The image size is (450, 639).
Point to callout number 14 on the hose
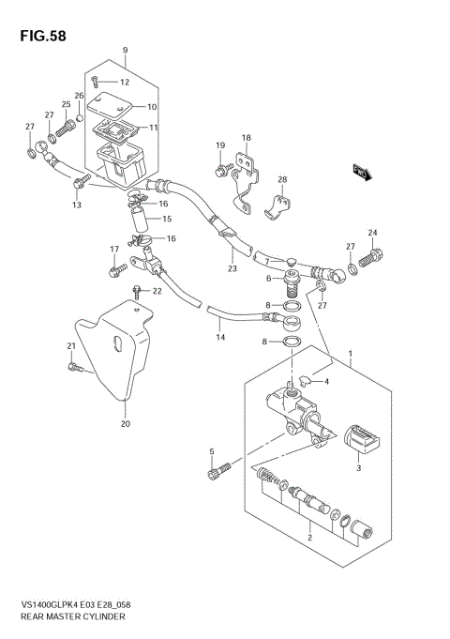click(219, 337)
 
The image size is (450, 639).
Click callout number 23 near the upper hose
click(231, 268)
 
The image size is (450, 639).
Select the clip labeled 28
click(278, 204)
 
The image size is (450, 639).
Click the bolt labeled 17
click(117, 270)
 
